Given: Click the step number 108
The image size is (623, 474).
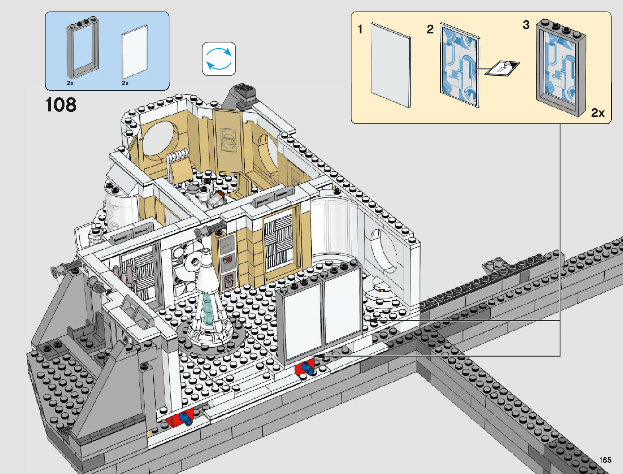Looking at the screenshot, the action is pyautogui.click(x=61, y=105).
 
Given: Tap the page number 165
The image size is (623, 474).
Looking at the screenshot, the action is pyautogui.click(x=605, y=460).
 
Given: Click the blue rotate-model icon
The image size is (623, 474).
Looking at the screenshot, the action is pyautogui.click(x=219, y=59).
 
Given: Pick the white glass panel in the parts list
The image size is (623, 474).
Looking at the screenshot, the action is pyautogui.click(x=135, y=52).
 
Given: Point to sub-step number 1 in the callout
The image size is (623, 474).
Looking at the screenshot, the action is pyautogui.click(x=360, y=29).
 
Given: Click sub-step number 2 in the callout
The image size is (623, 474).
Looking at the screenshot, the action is pyautogui.click(x=430, y=29).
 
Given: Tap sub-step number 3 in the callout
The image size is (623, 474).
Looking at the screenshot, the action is pyautogui.click(x=526, y=25).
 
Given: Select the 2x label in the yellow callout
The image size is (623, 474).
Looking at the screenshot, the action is pyautogui.click(x=598, y=113).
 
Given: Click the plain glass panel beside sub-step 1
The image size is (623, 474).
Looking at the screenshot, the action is pyautogui.click(x=391, y=65).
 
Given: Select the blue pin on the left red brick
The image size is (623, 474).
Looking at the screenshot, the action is pyautogui.click(x=186, y=418).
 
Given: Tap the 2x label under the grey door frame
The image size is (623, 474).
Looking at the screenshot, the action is pyautogui.click(x=70, y=83).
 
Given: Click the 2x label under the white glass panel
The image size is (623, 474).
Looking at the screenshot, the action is pyautogui.click(x=125, y=83).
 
